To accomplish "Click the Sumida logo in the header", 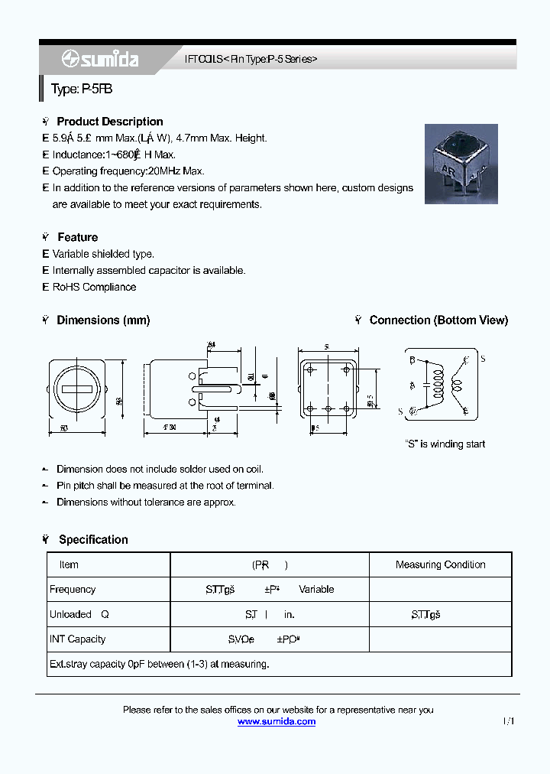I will coord(100,59).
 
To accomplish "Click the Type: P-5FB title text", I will coord(82,89).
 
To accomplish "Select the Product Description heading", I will coord(109,122).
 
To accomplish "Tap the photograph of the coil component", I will coord(461,164).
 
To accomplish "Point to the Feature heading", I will coord(77,237).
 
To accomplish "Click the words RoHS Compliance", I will coord(94,287).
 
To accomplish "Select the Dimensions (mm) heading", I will coord(103,320).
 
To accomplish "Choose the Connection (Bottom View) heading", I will coord(438,320).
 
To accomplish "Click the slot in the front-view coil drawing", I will coord(77,389).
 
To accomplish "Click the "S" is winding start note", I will coord(445,444).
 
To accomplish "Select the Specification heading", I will coord(93,539).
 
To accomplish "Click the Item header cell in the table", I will coord(69,564).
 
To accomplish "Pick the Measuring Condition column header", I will coord(440,564).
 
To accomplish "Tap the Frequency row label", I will coord(73,590).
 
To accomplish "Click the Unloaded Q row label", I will coord(79,614).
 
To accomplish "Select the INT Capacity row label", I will coord(77,639).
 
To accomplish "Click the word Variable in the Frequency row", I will coord(316,590).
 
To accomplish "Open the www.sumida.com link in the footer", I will coord(277,721).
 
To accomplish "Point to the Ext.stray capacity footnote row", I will coord(159,664).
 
